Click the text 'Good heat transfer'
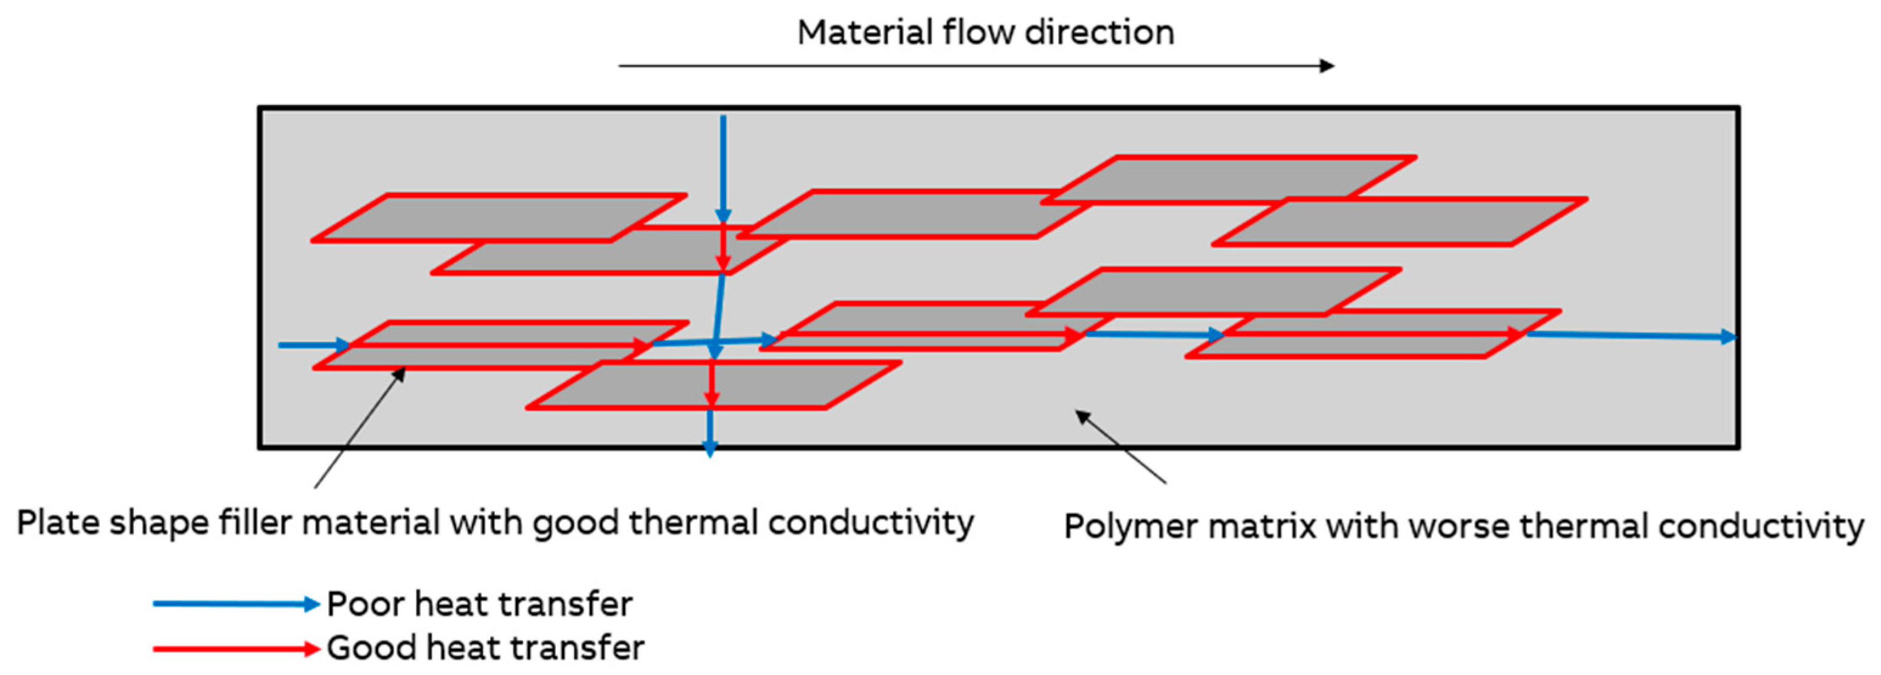pyautogui.click(x=485, y=648)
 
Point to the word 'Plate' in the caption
pyautogui.click(x=58, y=523)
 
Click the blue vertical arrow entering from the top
pyautogui.click(x=723, y=168)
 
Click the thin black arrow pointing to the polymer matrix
pyautogui.click(x=1121, y=447)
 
